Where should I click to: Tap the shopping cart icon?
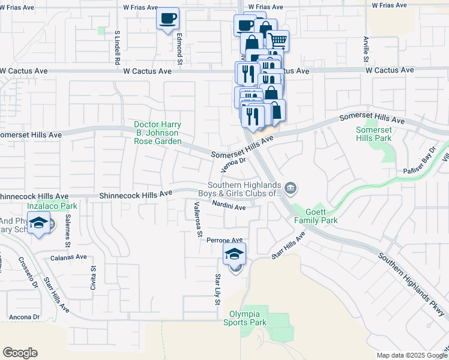(278, 40)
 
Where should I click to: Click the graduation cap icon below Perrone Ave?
(235, 254)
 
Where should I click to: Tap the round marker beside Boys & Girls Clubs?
(290, 189)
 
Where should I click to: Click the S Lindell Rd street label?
(118, 49)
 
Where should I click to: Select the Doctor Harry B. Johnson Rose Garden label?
(157, 133)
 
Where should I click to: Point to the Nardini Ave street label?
(228, 207)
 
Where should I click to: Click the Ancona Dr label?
(24, 317)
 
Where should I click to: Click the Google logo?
(20, 353)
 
